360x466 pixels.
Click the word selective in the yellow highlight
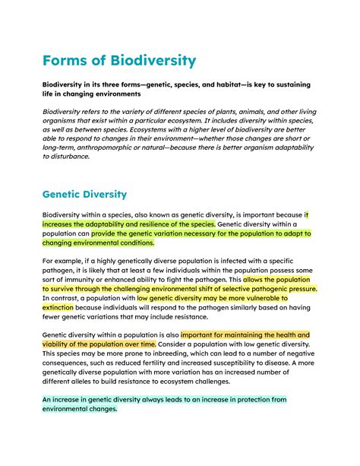tap(232, 289)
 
